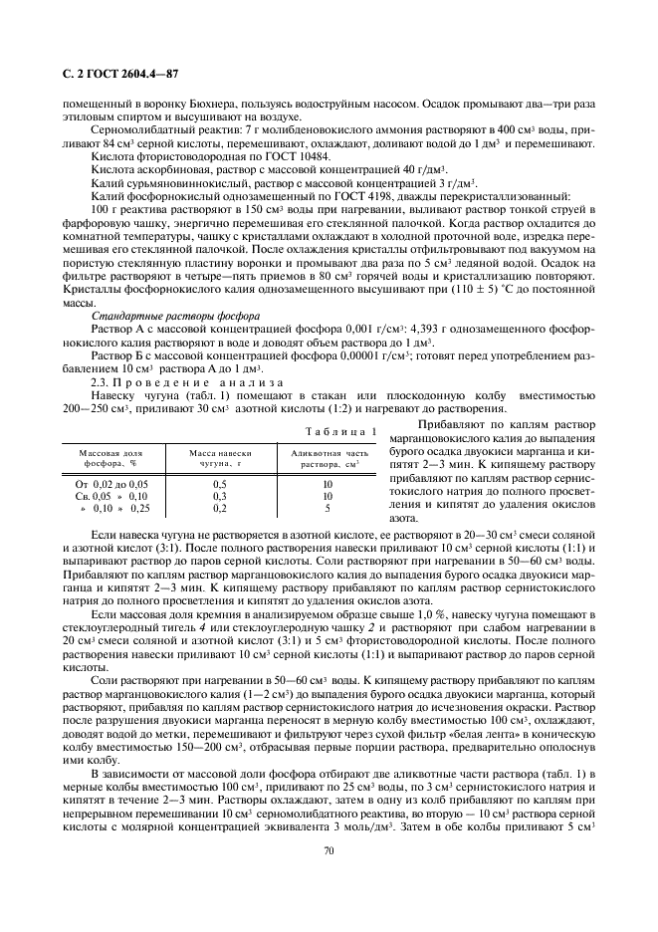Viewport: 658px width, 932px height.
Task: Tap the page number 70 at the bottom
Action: click(x=328, y=848)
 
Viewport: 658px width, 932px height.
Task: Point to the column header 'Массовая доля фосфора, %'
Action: click(x=107, y=459)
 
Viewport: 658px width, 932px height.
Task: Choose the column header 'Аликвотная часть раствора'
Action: click(x=327, y=459)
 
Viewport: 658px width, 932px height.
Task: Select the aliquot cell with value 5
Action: click(x=328, y=507)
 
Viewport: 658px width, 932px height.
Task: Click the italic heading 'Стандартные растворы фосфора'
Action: click(x=147, y=313)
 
